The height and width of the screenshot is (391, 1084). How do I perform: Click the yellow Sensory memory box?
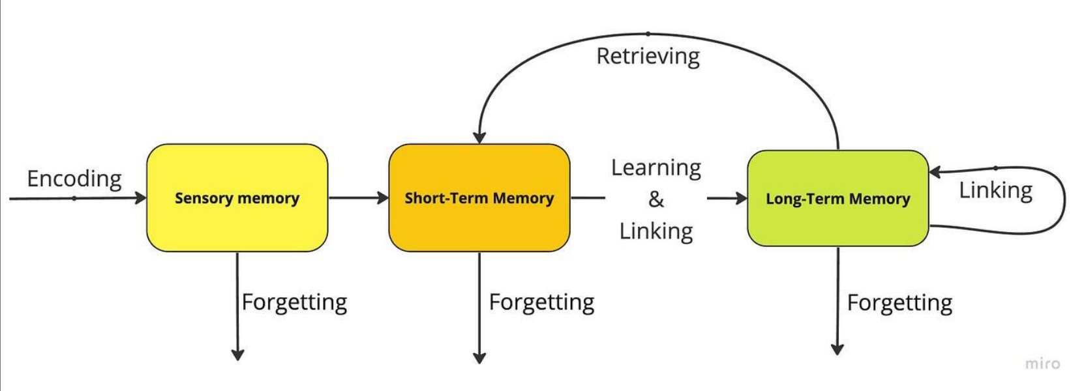click(x=237, y=197)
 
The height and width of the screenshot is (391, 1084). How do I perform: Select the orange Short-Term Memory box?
click(x=479, y=197)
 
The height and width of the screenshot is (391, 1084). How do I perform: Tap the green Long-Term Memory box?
click(x=837, y=198)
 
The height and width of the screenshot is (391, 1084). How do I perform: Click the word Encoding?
click(x=74, y=179)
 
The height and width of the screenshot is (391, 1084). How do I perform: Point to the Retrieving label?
click(x=648, y=56)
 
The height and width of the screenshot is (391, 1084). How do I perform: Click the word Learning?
click(x=656, y=167)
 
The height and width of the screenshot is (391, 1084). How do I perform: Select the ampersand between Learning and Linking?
click(x=656, y=199)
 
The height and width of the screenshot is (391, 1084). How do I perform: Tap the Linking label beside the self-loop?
click(x=996, y=190)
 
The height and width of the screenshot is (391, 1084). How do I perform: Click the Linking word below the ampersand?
click(x=656, y=231)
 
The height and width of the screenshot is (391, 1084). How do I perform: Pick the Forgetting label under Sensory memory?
click(x=294, y=302)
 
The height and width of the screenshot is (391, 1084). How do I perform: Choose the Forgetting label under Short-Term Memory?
click(x=541, y=302)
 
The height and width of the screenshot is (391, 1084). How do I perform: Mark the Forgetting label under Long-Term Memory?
click(x=899, y=303)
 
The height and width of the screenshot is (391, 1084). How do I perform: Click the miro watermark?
click(x=1042, y=364)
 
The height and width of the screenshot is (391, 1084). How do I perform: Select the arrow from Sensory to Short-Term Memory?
click(x=359, y=197)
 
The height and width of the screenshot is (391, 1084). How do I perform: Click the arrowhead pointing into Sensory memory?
click(x=141, y=197)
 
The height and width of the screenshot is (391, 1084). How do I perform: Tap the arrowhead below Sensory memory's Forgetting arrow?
click(x=237, y=355)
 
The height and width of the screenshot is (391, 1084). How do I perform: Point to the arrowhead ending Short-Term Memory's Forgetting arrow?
click(x=479, y=358)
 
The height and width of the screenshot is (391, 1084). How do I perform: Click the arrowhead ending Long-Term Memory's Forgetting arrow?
click(x=837, y=349)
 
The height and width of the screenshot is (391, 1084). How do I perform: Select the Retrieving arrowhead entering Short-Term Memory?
click(x=479, y=138)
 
